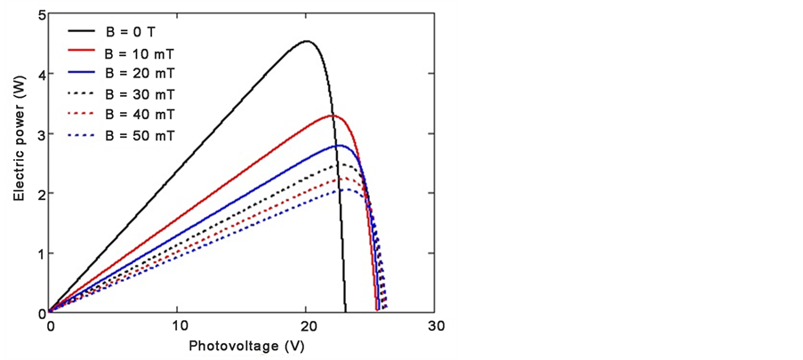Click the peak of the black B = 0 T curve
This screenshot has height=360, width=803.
(x=307, y=41)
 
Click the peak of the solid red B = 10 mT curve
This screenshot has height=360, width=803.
(x=333, y=116)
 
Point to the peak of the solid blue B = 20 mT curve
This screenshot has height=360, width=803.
(x=339, y=145)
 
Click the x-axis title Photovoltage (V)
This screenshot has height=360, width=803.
(x=242, y=347)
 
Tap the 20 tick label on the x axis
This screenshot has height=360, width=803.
(x=307, y=326)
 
